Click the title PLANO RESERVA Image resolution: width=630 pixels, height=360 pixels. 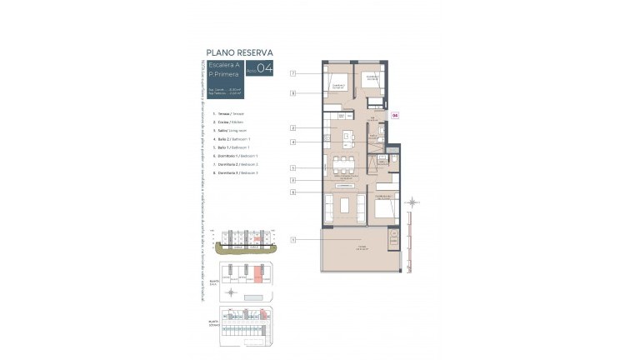pos(239,52)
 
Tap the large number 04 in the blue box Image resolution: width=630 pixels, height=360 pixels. pos(265,70)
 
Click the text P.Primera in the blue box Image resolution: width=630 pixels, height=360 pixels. pos(226,75)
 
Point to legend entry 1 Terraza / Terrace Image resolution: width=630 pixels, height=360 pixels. pos(231,112)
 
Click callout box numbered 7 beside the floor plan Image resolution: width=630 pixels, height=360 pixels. pos(293,74)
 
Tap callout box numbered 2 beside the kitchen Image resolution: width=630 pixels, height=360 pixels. pos(293,127)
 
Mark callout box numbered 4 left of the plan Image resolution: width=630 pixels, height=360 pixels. pos(293,142)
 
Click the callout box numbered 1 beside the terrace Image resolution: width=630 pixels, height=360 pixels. pos(293,240)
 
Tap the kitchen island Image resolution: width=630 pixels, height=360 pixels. pos(342,136)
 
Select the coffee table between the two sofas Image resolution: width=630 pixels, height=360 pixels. pos(343,204)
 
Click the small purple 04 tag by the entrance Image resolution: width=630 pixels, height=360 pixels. pos(396,117)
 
